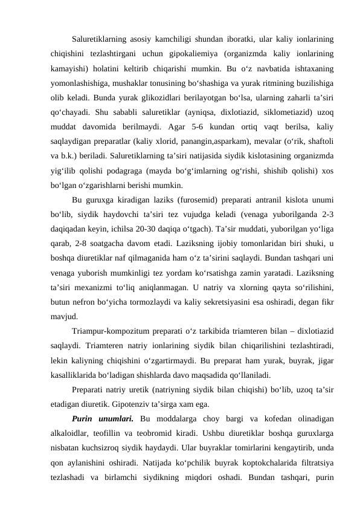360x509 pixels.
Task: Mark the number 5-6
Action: coord(190,126)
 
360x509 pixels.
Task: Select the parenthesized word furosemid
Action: coord(197,199)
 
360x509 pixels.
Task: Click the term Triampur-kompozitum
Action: coord(112,331)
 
